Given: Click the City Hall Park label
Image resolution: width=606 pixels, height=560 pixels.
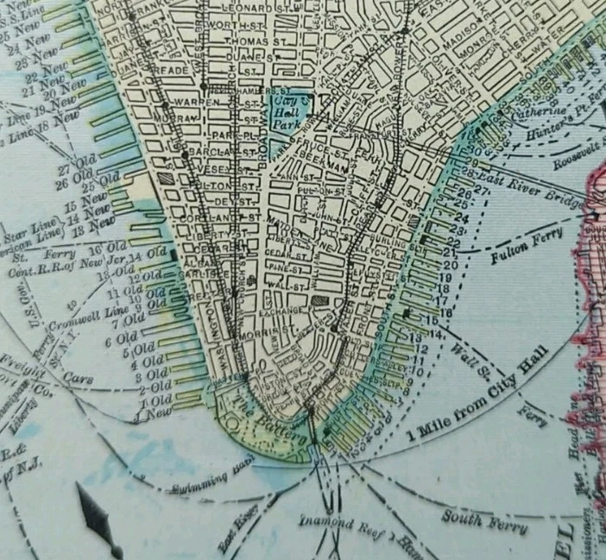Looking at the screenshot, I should click(x=292, y=113).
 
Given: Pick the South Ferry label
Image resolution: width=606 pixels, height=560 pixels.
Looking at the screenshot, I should click(x=474, y=518).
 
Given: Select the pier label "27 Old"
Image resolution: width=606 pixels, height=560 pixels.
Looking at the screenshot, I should click(x=75, y=170).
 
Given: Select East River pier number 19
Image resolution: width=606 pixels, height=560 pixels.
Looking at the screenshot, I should click(x=446, y=277).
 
